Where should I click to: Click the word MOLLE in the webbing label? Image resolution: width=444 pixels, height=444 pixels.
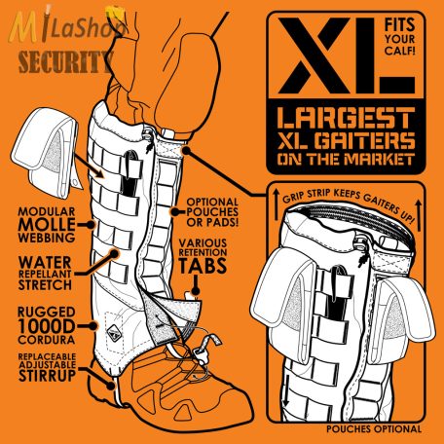coord(47,225)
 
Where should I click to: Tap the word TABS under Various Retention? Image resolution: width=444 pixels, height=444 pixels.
coord(203,266)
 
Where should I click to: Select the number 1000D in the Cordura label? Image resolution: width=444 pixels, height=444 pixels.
coord(47,326)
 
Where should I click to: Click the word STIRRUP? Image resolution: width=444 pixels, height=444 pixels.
coord(47,375)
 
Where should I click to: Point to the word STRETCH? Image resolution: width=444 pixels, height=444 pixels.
coord(45,284)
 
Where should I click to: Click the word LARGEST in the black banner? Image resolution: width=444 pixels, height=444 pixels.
coord(346,118)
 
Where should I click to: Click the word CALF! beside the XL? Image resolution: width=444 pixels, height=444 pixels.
coord(399,51)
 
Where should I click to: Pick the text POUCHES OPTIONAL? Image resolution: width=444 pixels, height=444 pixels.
coord(374,429)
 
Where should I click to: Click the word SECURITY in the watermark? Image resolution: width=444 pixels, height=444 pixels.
coord(65,62)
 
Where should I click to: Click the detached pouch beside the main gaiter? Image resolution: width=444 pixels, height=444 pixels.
coord(46,153)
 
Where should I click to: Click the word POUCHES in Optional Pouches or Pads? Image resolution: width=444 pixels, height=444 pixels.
coord(212,212)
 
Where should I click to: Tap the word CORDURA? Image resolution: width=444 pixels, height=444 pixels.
coord(47,340)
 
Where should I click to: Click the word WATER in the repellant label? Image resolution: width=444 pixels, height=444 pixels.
coord(45,262)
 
